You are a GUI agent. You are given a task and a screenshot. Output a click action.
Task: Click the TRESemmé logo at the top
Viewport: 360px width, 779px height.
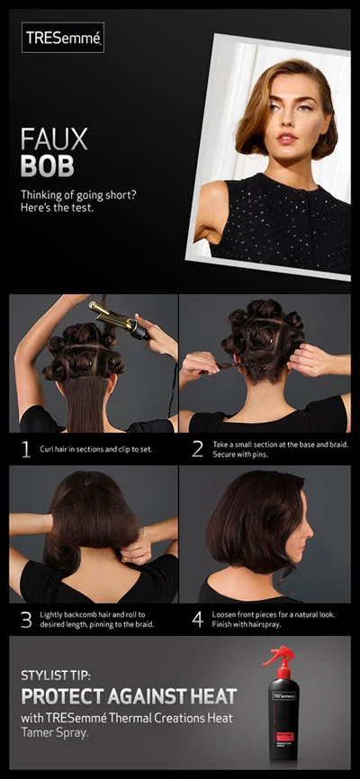[x=63, y=38]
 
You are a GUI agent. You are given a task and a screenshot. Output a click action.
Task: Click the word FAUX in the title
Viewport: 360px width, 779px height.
[x=54, y=139]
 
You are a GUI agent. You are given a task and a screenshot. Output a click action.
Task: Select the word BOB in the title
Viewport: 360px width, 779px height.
[x=49, y=165]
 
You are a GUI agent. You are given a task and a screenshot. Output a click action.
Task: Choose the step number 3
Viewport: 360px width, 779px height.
[x=25, y=619]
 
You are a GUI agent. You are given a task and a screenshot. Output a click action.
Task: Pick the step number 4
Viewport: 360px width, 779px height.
[x=197, y=619]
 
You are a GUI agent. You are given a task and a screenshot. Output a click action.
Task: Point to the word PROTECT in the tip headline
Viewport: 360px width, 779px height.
[x=58, y=696]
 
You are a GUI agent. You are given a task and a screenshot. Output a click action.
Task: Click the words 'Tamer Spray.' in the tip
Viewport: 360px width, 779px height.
[x=51, y=732]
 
